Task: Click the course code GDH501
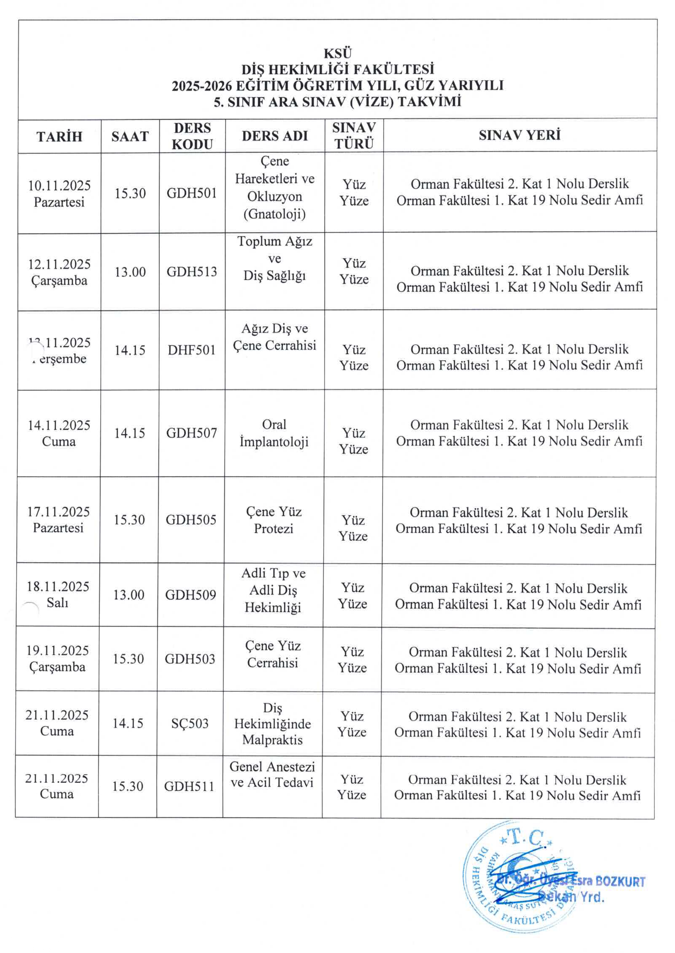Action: click(x=192, y=193)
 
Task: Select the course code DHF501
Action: click(x=192, y=350)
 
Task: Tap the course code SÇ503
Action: click(x=190, y=724)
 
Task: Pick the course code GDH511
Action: click(x=189, y=786)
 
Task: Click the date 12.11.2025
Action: click(x=59, y=264)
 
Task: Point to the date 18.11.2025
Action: click(x=58, y=587)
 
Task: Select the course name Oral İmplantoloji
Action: click(x=274, y=433)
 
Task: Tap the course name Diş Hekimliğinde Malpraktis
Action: click(x=272, y=724)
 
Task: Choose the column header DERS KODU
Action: click(x=192, y=136)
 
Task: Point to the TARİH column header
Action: click(x=59, y=137)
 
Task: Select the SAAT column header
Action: click(x=130, y=137)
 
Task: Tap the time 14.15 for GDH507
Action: click(x=129, y=433)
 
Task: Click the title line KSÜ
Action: click(x=337, y=54)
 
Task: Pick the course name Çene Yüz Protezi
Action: click(x=273, y=520)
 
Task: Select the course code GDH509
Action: click(x=190, y=595)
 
